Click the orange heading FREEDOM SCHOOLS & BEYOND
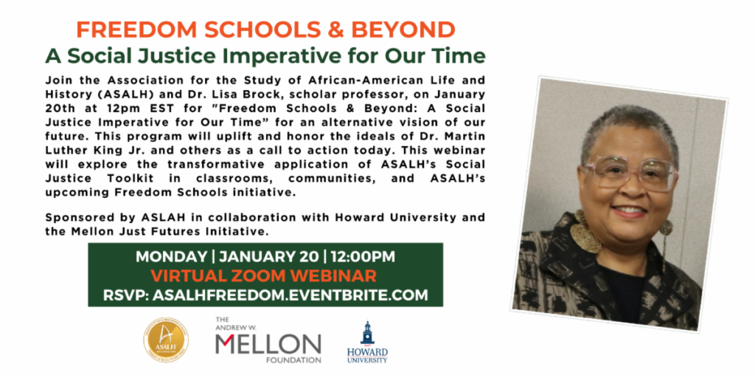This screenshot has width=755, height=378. pos(265,30)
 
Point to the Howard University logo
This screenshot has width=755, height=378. pos(367,342)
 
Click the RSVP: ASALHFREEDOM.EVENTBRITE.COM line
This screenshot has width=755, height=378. pos(265,295)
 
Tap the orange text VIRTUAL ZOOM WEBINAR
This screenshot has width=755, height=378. pos(265,276)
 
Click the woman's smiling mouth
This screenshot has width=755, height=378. pos(629,212)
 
